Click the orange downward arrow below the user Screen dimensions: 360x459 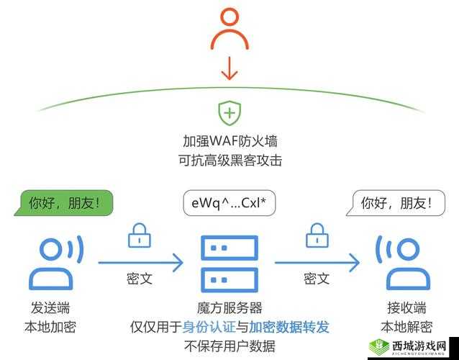pyautogui.click(x=229, y=69)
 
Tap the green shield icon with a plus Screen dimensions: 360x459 pyautogui.click(x=229, y=112)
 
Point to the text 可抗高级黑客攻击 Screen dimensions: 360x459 pyautogui.click(x=229, y=161)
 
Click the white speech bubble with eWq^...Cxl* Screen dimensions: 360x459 pyautogui.click(x=229, y=204)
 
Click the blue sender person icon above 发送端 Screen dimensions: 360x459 pyautogui.click(x=52, y=262)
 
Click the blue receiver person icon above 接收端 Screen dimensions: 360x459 pyautogui.click(x=401, y=262)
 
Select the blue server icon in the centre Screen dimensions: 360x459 pyautogui.click(x=229, y=263)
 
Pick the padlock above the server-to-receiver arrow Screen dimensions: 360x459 pyautogui.click(x=316, y=235)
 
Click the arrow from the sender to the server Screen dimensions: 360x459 pyautogui.click(x=140, y=262)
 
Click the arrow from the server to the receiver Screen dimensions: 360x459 pyautogui.click(x=317, y=262)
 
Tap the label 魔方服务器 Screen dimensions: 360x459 pyautogui.click(x=229, y=307)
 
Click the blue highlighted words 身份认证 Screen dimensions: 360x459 pyautogui.click(x=209, y=326)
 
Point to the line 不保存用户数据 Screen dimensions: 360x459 pyautogui.click(x=229, y=346)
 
